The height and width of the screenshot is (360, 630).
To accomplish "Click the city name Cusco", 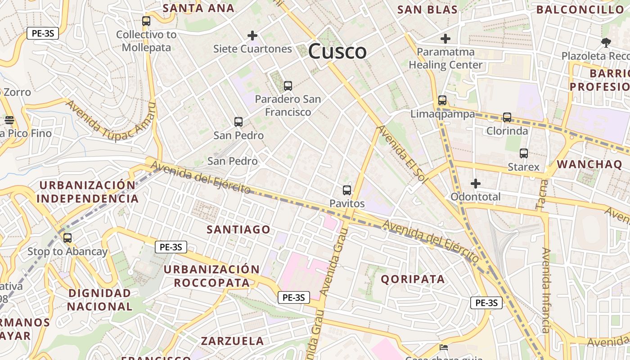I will pyautogui.click(x=337, y=51).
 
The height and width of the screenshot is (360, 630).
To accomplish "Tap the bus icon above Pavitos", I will pyautogui.click(x=346, y=190).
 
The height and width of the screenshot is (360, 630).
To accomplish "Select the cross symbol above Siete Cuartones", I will pyautogui.click(x=252, y=36).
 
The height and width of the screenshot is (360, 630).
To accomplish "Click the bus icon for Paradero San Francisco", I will pyautogui.click(x=288, y=85).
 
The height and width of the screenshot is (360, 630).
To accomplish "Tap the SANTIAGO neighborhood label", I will pyautogui.click(x=238, y=229).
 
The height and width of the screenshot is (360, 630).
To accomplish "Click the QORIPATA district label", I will pyautogui.click(x=413, y=279).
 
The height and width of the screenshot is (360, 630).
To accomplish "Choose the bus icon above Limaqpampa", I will pyautogui.click(x=442, y=100).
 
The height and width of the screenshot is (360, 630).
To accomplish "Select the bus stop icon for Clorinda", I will pyautogui.click(x=507, y=117).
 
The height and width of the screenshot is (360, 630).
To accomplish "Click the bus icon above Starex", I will pyautogui.click(x=524, y=153).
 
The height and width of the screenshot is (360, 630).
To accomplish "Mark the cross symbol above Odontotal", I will pyautogui.click(x=476, y=184).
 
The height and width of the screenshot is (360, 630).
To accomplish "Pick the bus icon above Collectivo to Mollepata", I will pyautogui.click(x=146, y=21).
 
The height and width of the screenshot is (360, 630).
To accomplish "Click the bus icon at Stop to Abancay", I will pyautogui.click(x=67, y=238).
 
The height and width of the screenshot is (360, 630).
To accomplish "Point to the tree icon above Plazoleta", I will pyautogui.click(x=606, y=43).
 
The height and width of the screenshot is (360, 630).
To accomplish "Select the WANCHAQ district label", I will pyautogui.click(x=589, y=164).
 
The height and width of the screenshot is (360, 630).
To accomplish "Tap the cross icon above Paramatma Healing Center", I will pyautogui.click(x=445, y=39).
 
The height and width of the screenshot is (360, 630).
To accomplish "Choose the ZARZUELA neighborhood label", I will pyautogui.click(x=232, y=341).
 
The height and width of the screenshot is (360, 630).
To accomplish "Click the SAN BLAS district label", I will pyautogui.click(x=427, y=9).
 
